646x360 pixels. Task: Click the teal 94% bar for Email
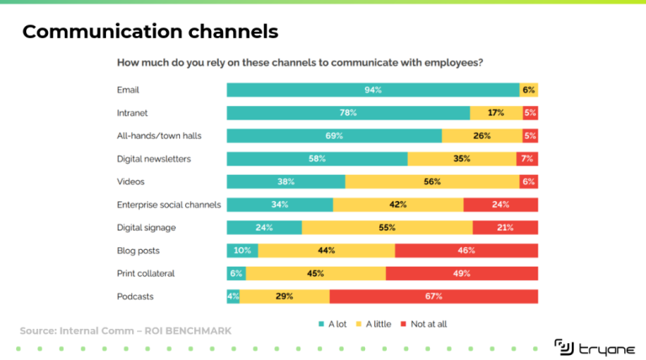tap(373, 90)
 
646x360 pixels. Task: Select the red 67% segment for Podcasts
tap(433, 296)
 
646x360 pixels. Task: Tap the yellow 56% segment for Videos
tap(432, 182)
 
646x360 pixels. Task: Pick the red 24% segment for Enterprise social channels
tap(500, 204)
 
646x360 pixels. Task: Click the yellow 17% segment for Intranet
tap(496, 113)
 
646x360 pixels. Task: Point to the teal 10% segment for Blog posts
tap(242, 251)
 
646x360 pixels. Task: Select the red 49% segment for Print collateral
tap(462, 273)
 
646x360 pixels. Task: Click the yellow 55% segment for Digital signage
tap(387, 227)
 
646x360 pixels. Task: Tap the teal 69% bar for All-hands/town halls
tap(334, 135)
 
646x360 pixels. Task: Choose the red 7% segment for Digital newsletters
tap(527, 158)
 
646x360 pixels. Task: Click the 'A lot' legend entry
tap(335, 323)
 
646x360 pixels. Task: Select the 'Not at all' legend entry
tap(428, 323)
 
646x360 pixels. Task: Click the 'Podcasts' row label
tap(135, 296)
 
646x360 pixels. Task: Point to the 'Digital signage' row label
tap(146, 227)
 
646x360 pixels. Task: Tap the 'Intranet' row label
tap(133, 113)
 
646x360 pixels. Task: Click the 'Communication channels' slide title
tap(150, 32)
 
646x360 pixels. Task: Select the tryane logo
tap(589, 346)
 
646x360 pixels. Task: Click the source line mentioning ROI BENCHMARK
tap(125, 331)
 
